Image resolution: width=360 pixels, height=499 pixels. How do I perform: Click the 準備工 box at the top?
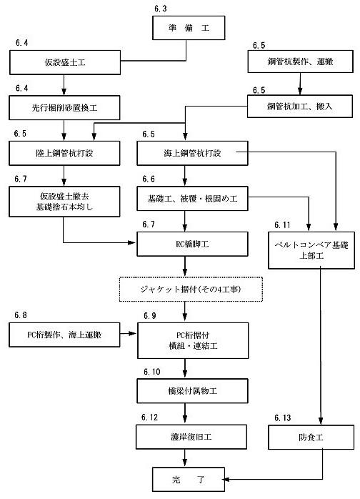189,28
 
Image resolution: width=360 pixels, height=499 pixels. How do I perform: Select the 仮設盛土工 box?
65,62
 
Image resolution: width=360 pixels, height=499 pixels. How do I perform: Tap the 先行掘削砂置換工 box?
64,108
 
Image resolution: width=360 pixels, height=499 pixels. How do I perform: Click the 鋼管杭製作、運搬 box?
300,61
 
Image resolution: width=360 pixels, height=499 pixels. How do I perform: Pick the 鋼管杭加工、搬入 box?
300,107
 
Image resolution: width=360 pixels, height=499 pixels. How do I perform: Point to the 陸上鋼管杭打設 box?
64,153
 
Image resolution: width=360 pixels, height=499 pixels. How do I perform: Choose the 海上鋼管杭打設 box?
192,153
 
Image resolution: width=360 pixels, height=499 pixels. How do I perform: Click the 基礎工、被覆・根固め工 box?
192,199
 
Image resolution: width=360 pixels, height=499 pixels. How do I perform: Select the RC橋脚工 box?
192,244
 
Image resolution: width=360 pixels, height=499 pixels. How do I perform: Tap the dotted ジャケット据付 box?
191,290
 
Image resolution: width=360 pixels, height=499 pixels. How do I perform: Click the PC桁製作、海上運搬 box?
64,335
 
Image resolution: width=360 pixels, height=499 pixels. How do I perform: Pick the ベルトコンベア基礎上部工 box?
311,250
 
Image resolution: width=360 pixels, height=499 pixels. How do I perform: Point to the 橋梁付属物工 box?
192,391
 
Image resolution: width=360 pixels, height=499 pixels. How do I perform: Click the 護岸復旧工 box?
191,437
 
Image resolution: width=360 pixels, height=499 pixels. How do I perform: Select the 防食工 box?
311,438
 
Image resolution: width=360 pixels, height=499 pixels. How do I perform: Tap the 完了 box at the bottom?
189,479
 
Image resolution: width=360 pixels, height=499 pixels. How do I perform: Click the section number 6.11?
282,225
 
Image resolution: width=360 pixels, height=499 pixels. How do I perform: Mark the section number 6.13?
282,418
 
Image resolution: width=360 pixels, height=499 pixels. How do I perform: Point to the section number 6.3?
160,9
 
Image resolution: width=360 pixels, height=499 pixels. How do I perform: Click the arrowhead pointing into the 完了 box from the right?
226,479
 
